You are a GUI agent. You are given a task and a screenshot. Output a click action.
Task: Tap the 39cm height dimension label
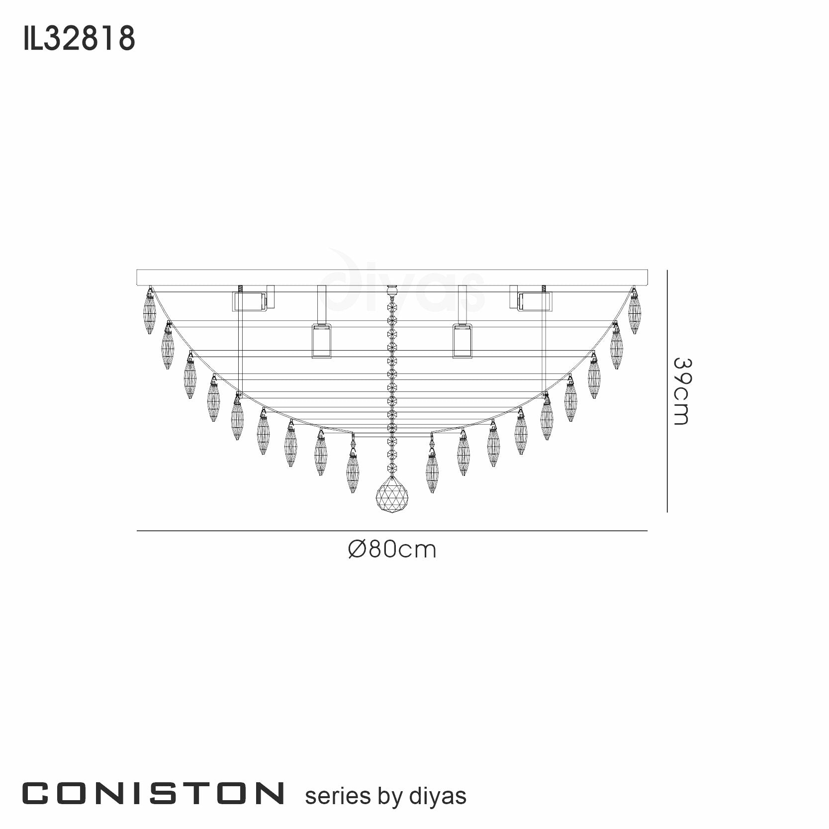[681, 391]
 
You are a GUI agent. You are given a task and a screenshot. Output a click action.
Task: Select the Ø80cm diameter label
[392, 550]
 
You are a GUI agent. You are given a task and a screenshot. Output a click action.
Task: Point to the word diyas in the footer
[438, 796]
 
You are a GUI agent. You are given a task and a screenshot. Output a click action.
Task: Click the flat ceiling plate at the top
[392, 277]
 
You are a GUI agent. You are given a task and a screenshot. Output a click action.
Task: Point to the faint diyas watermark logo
[403, 288]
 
